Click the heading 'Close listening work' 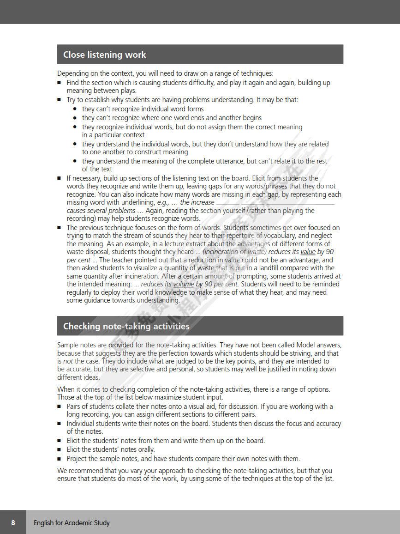click(x=104, y=55)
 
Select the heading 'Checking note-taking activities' click(x=126, y=326)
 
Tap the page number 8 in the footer click(x=13, y=522)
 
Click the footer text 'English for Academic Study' click(x=72, y=523)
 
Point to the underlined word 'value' click(x=308, y=252)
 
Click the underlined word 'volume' click(x=184, y=284)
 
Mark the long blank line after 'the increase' click(x=275, y=203)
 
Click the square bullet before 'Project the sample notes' click(x=59, y=459)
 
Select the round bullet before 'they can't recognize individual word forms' click(x=75, y=109)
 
